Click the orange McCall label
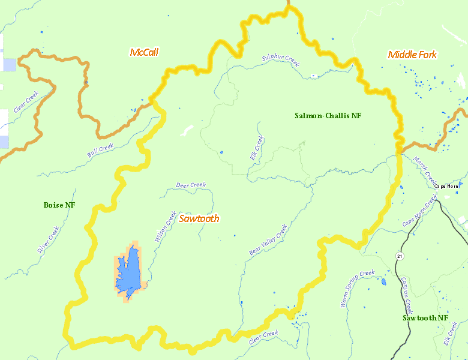click(x=144, y=52)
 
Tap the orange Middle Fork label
click(x=412, y=55)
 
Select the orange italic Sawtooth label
click(x=199, y=218)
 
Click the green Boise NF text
click(x=59, y=205)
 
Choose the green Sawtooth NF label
click(x=425, y=317)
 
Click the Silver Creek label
click(x=49, y=240)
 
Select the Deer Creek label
click(x=191, y=185)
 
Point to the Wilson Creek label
click(x=166, y=226)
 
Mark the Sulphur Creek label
click(x=280, y=59)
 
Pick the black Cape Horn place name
click(x=446, y=186)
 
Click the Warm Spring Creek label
click(x=358, y=289)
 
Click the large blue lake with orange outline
click(x=128, y=271)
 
